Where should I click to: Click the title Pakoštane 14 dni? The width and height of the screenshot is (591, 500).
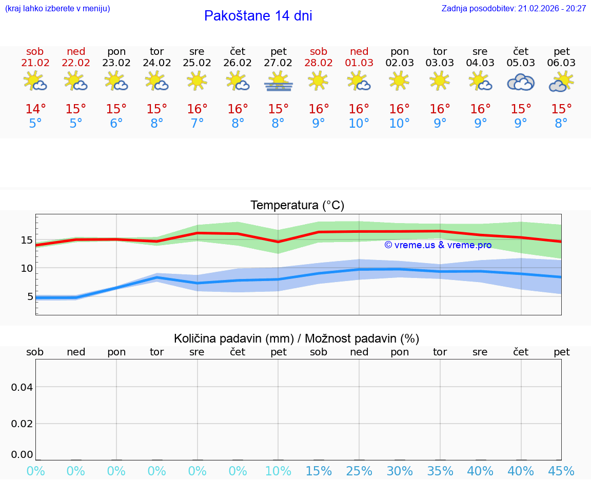(258, 16)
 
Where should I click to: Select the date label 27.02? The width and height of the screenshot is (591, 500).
(278, 63)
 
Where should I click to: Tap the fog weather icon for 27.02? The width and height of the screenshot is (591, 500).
(278, 82)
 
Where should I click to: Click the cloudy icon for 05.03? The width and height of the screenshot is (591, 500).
(521, 82)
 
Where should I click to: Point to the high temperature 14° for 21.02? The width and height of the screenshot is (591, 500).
(35, 109)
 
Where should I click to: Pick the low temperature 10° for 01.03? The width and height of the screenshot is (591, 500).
(359, 124)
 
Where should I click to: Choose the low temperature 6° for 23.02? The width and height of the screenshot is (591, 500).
(116, 124)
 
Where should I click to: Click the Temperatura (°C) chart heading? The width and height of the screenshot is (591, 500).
(297, 206)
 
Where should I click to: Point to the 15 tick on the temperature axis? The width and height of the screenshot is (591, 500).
(27, 240)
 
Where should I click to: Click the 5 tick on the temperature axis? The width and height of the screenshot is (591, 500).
(30, 296)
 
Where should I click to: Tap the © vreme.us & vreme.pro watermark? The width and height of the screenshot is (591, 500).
(438, 245)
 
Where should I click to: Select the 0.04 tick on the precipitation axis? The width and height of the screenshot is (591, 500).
(22, 387)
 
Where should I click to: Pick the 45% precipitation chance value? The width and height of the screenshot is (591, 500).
(561, 471)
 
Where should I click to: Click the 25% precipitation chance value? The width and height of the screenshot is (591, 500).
(359, 471)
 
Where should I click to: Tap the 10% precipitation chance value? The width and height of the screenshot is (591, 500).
(278, 471)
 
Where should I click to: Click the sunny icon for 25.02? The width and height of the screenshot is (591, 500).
(197, 81)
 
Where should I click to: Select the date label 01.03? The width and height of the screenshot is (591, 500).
(359, 63)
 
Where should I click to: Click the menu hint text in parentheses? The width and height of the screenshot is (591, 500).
(57, 8)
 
